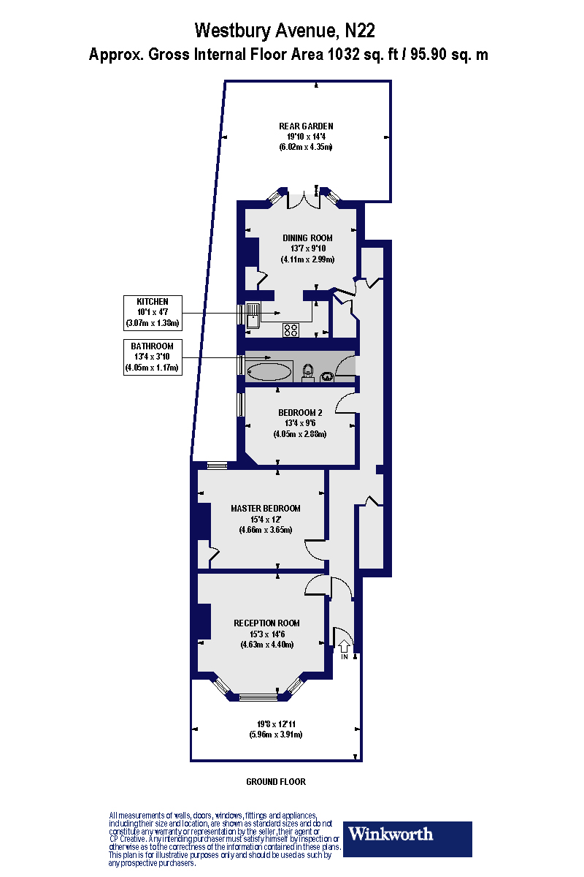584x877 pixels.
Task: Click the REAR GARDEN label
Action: tap(307, 126)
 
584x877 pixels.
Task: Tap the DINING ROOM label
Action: tap(307, 238)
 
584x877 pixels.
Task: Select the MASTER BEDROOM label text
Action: tap(266, 509)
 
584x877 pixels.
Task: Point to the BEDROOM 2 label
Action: tap(300, 413)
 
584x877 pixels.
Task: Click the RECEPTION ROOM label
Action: tap(266, 623)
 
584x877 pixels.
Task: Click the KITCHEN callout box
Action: tap(152, 312)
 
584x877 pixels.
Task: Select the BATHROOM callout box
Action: tap(152, 357)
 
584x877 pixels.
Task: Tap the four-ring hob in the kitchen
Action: tap(291, 330)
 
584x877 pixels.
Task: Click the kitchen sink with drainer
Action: tap(253, 315)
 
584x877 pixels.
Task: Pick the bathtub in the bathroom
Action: tap(269, 372)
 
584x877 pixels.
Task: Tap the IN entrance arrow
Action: tap(344, 648)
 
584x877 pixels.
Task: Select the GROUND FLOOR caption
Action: tap(275, 782)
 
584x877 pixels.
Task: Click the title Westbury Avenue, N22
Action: tap(285, 31)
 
